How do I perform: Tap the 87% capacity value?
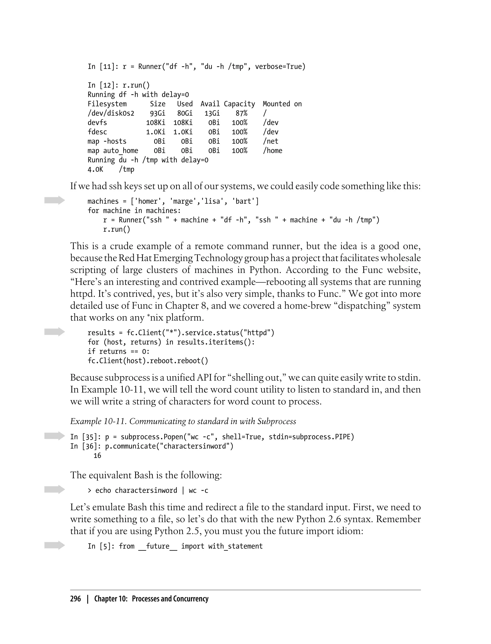point(241,113)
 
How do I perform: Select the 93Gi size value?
point(158,113)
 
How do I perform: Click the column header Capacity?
point(239,104)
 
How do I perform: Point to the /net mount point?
point(271,141)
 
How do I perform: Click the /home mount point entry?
point(272,151)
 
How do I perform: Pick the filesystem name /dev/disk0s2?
point(111,113)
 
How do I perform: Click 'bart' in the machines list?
point(243,201)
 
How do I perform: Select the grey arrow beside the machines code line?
point(54,200)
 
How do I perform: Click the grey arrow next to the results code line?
point(54,332)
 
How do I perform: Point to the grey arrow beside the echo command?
point(54,489)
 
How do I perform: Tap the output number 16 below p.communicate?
point(97,456)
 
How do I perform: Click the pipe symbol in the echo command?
point(183,490)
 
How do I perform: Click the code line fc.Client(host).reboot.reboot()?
point(148,361)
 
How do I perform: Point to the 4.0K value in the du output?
point(95,169)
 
